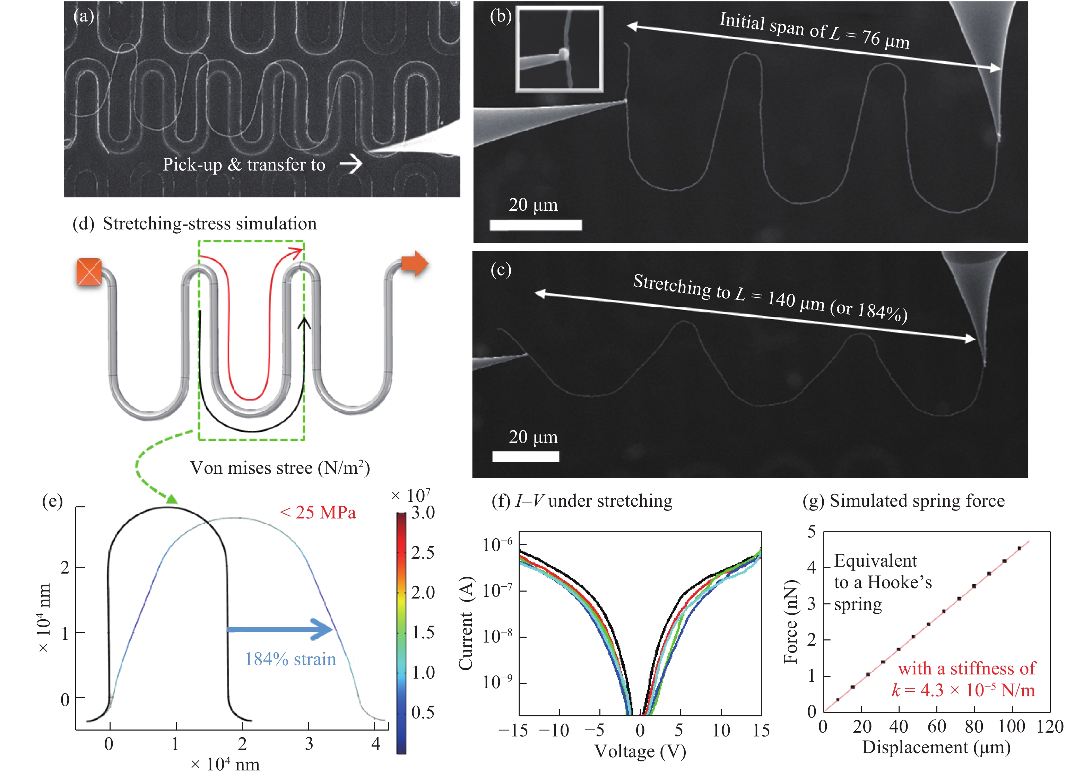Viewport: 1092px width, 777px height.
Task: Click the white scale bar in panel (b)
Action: pyautogui.click(x=536, y=225)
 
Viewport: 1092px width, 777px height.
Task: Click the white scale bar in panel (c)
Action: pyautogui.click(x=526, y=456)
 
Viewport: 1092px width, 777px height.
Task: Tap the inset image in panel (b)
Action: pyautogui.click(x=559, y=49)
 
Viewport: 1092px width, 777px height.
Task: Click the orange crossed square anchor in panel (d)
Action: pyautogui.click(x=89, y=272)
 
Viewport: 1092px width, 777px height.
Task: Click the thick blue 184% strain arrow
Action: pyautogui.click(x=280, y=629)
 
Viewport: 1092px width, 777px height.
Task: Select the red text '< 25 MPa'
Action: pyautogui.click(x=318, y=513)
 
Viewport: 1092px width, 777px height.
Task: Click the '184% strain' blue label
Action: pyautogui.click(x=290, y=659)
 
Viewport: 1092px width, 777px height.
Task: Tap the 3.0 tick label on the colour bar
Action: pyautogui.click(x=423, y=513)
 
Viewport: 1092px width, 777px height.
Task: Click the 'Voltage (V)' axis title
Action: pyautogui.click(x=640, y=751)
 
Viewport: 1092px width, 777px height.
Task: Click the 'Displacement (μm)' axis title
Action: pyautogui.click(x=936, y=747)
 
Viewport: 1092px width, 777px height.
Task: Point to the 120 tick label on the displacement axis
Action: pyautogui.click(x=1049, y=727)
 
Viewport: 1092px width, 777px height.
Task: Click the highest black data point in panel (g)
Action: pyautogui.click(x=1019, y=548)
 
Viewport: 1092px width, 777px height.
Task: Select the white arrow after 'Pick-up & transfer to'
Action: pyautogui.click(x=351, y=164)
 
